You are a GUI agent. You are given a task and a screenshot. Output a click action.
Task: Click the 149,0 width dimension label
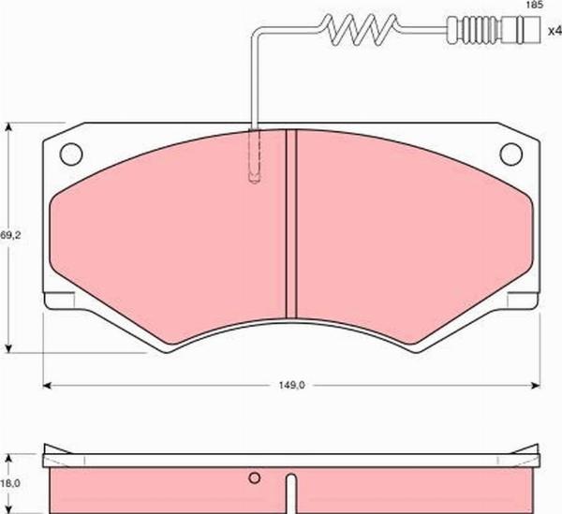pyautogui.click(x=291, y=386)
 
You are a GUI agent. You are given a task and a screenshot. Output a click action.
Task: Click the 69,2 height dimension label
pyautogui.click(x=10, y=235)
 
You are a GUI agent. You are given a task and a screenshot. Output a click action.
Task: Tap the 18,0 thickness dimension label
pyautogui.click(x=10, y=483)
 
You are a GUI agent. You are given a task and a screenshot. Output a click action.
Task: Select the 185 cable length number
pyautogui.click(x=535, y=5)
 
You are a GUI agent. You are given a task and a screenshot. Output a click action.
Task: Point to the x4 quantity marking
pyautogui.click(x=555, y=31)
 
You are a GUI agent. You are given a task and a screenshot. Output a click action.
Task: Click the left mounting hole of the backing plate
pyautogui.click(x=71, y=154)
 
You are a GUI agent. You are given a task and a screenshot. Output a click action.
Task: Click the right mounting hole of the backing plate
pyautogui.click(x=510, y=154)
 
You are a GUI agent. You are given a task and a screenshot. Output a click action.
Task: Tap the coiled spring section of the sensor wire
pyautogui.click(x=360, y=30)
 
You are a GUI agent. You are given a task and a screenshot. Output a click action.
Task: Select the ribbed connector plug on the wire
pyautogui.click(x=474, y=30)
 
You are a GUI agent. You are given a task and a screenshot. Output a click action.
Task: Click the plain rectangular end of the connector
pyautogui.click(x=521, y=30)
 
